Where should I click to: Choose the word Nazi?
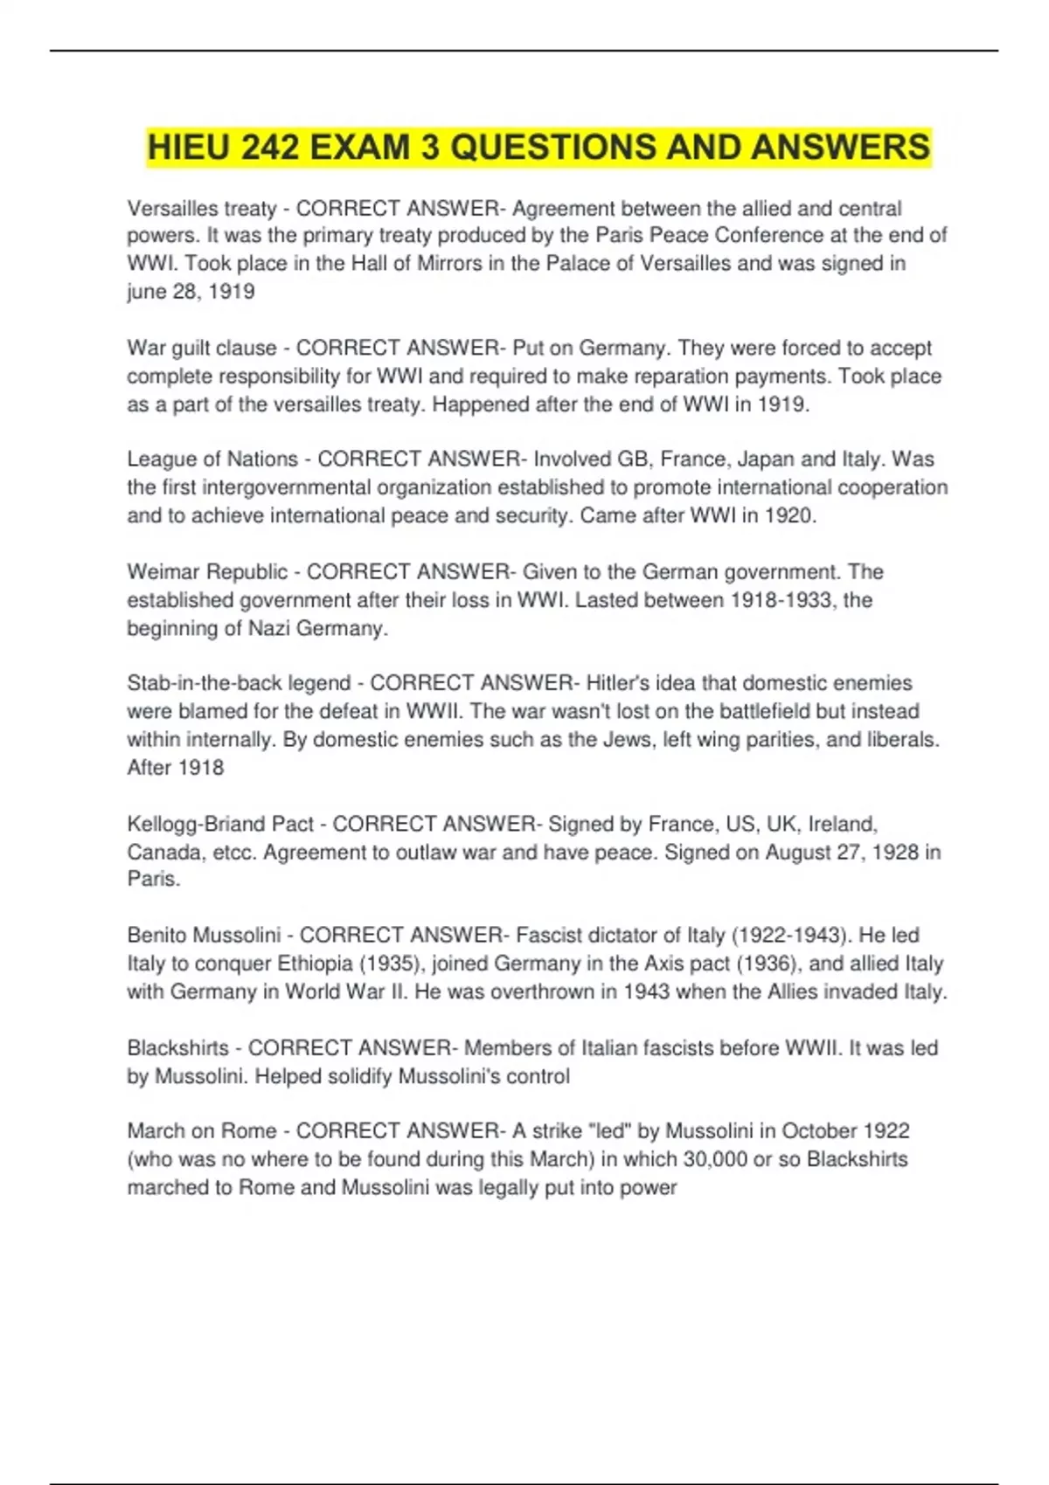pos(269,628)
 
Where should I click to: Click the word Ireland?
pos(842,824)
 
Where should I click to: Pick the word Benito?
pos(157,936)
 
